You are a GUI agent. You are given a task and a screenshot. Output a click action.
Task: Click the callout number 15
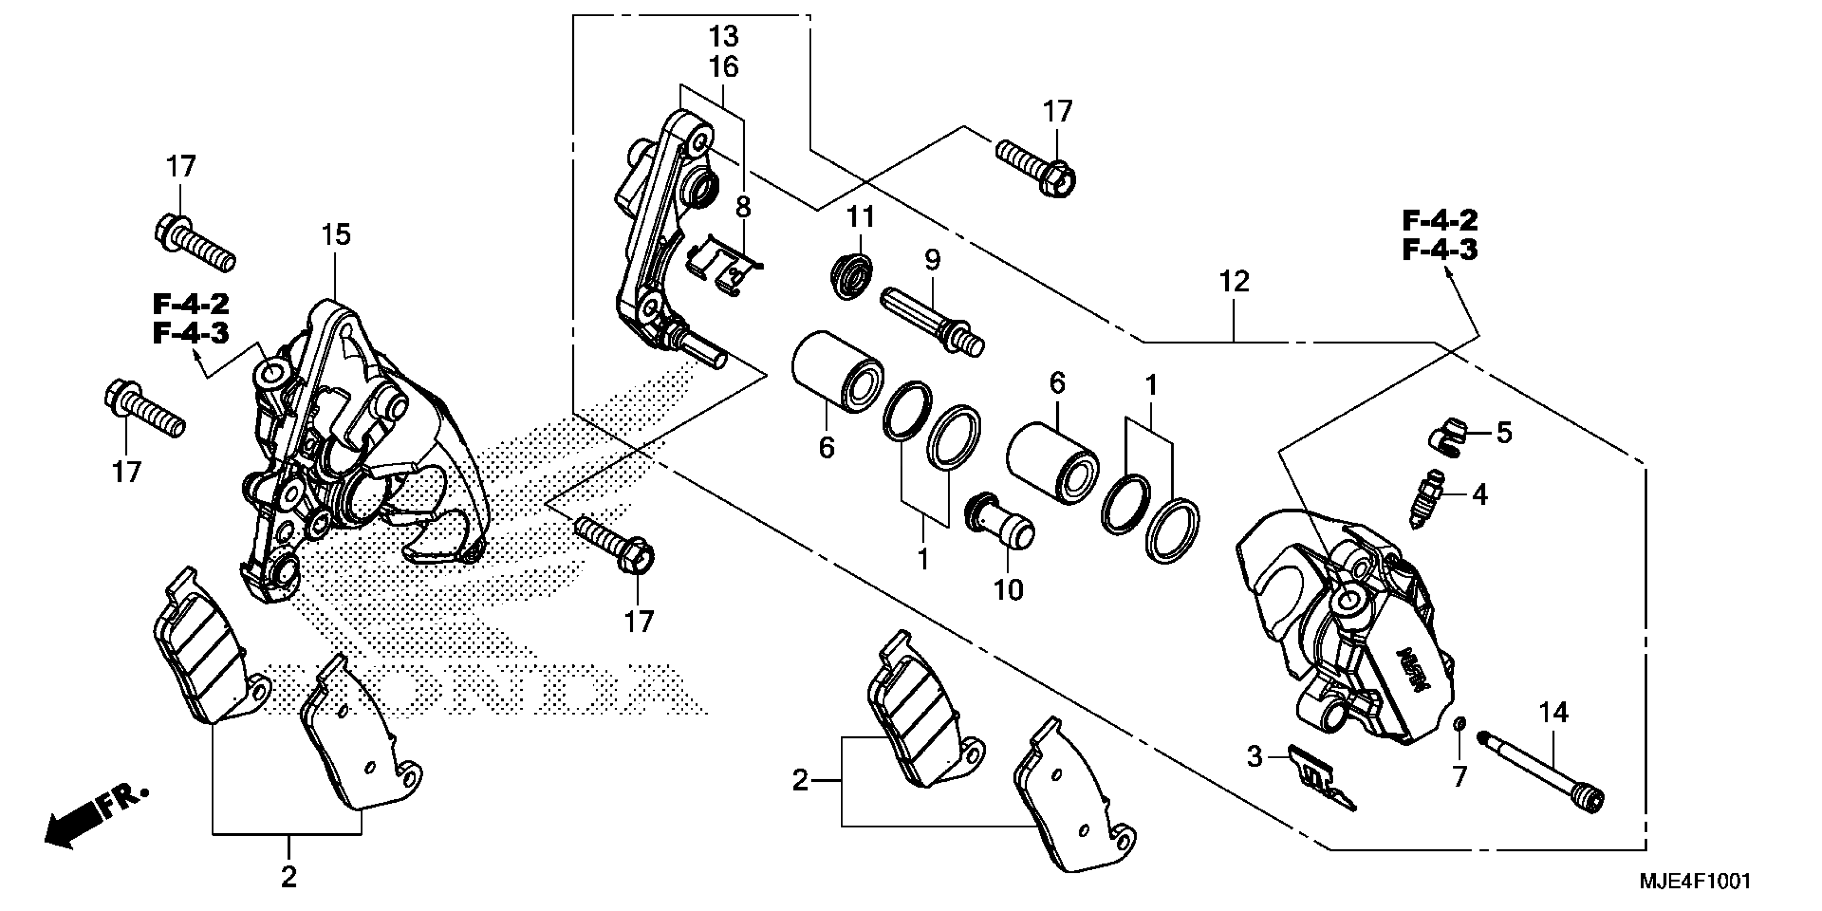336,234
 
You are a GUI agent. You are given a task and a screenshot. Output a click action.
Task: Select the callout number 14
1554,713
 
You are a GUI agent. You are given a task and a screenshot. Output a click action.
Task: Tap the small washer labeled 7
1459,743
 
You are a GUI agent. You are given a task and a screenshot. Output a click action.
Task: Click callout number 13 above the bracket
723,35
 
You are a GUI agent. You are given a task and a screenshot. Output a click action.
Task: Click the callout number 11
860,216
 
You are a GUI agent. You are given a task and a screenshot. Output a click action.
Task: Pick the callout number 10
1008,591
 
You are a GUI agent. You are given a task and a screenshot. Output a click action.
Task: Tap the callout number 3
1254,757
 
